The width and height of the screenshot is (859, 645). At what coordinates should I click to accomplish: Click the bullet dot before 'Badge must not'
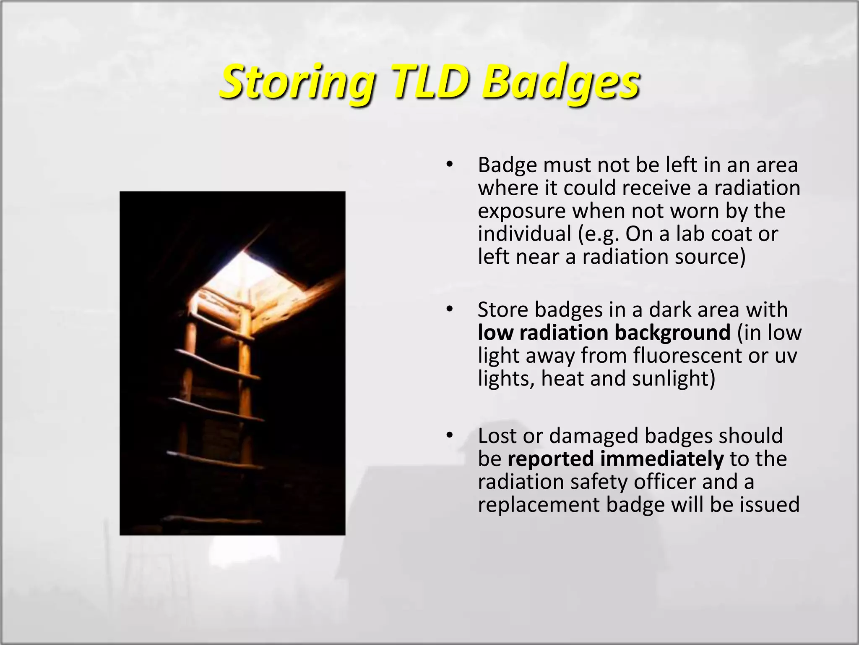(x=450, y=165)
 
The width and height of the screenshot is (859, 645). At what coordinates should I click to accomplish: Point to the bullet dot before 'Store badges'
(x=450, y=309)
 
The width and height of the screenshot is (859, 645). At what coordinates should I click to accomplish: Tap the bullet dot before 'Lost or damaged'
(x=450, y=435)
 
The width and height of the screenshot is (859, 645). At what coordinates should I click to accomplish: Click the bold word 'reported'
(x=550, y=459)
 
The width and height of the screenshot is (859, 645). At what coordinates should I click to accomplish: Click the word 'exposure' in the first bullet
(x=522, y=211)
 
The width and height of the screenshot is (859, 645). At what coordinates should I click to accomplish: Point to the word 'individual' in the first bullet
(x=524, y=233)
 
